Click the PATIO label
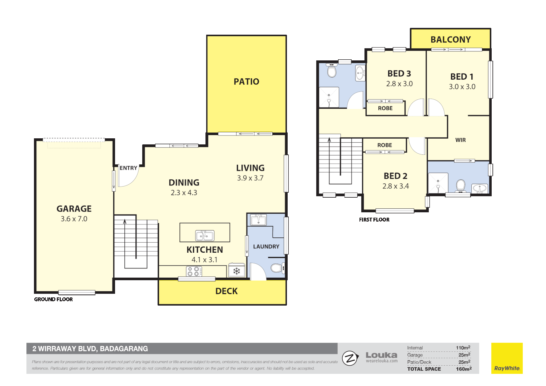(x=246, y=82)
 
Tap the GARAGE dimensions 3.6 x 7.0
(x=74, y=219)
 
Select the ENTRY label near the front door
(x=128, y=168)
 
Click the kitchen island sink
(x=205, y=236)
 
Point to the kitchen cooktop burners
(x=194, y=272)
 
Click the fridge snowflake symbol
(x=237, y=271)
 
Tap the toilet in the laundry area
(x=277, y=268)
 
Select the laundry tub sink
(x=258, y=220)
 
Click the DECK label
(x=226, y=291)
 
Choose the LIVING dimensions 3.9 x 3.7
(x=250, y=178)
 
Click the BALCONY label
(x=450, y=40)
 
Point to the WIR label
(x=460, y=140)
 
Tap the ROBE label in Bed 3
(x=385, y=108)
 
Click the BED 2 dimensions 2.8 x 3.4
(x=395, y=186)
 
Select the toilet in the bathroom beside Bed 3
(x=332, y=71)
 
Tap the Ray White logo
(x=507, y=358)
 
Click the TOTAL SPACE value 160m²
(x=463, y=369)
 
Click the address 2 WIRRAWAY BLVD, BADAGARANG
(x=90, y=349)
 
